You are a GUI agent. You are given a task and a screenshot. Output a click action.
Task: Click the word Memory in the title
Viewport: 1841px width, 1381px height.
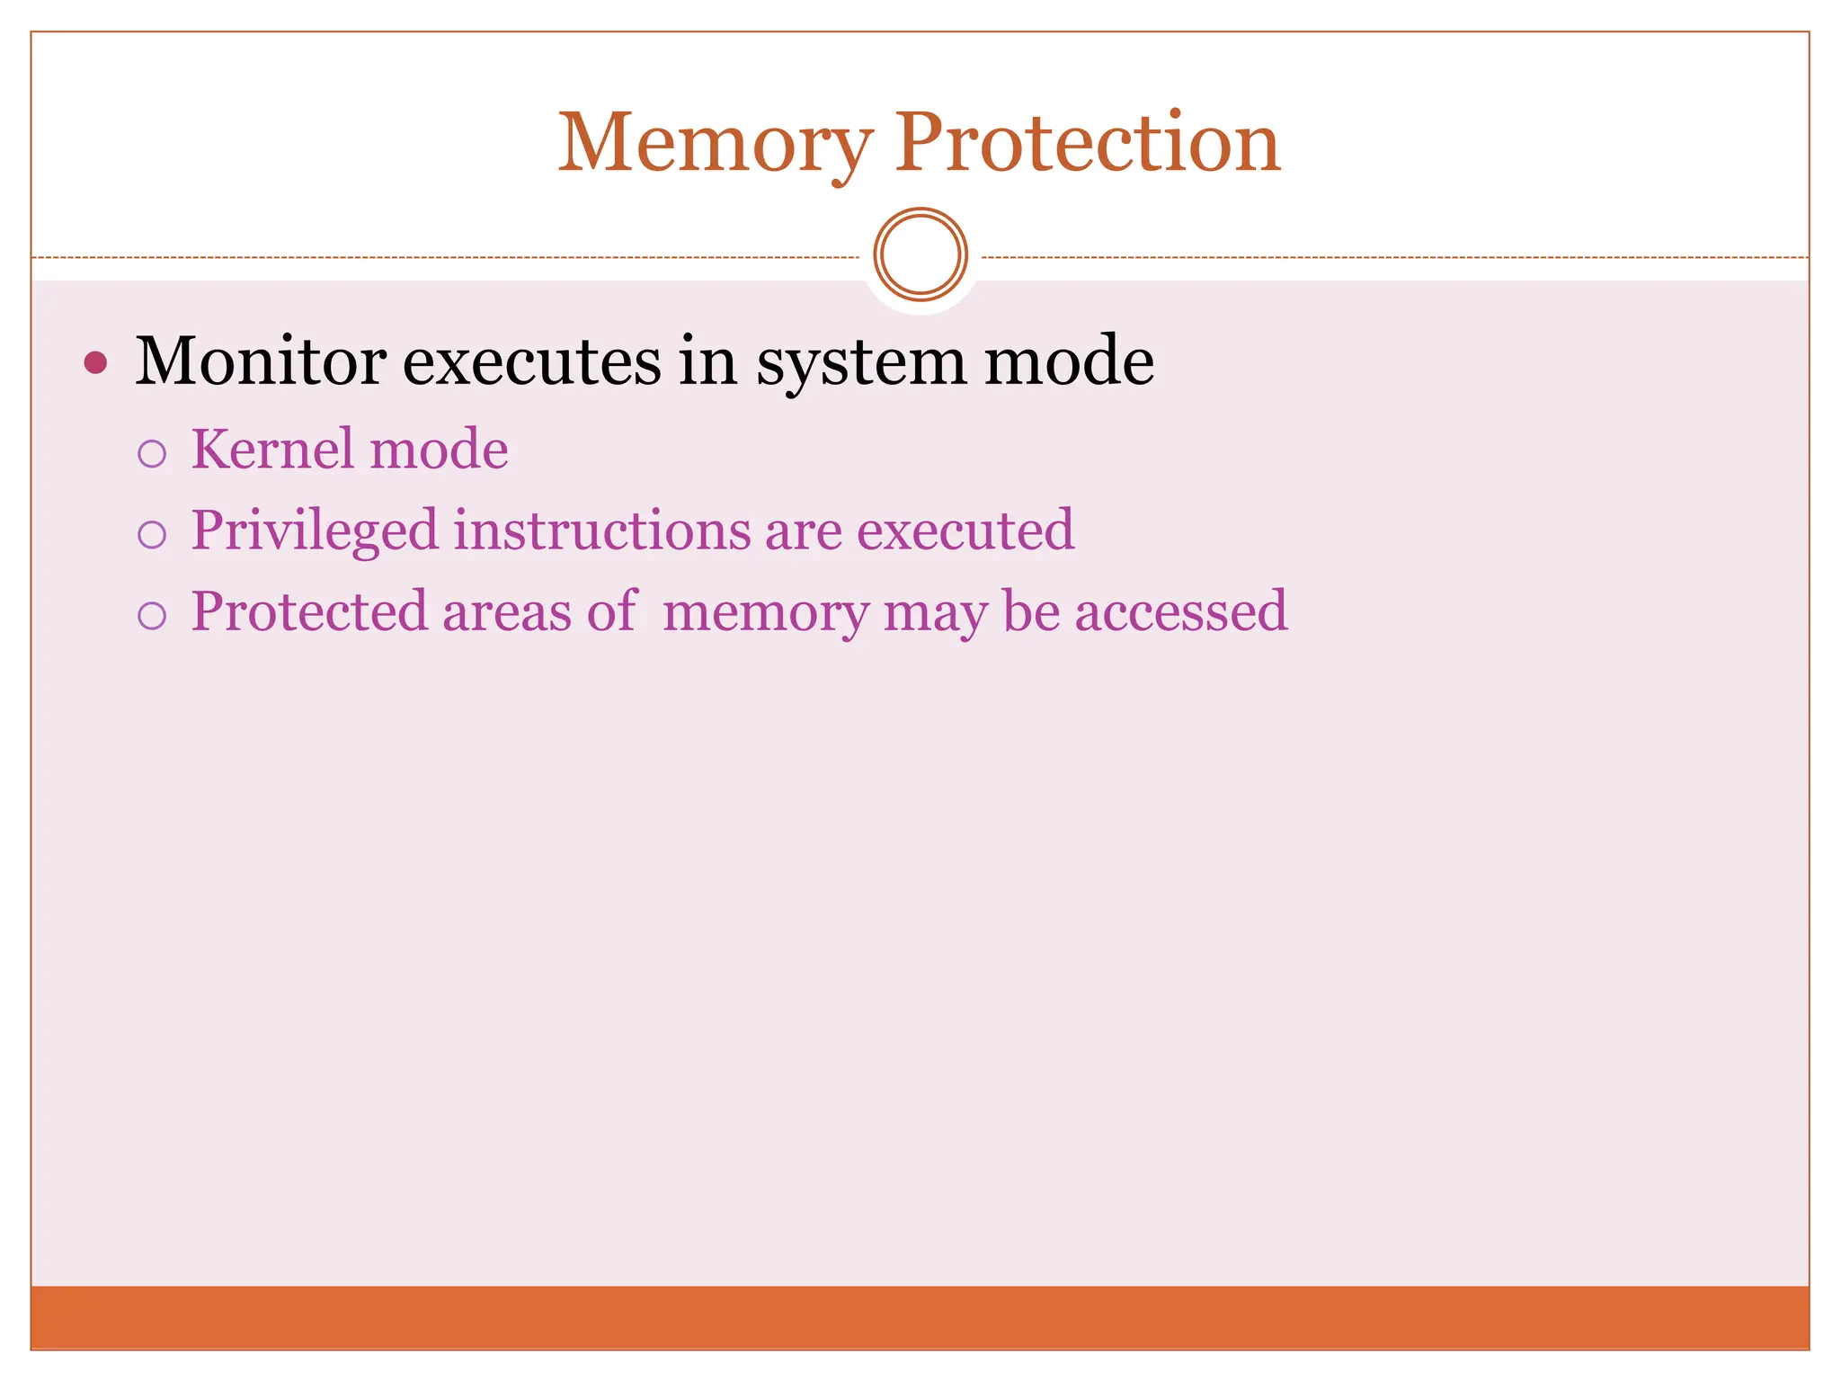pyautogui.click(x=715, y=144)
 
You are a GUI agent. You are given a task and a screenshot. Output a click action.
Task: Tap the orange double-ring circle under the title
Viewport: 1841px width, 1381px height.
pyautogui.click(x=920, y=254)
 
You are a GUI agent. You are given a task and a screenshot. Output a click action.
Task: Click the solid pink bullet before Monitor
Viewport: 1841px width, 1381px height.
pyautogui.click(x=95, y=363)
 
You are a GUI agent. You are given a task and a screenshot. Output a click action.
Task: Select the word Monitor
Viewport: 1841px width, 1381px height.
pyautogui.click(x=261, y=361)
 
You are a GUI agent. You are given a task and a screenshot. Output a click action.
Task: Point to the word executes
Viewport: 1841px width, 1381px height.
pyautogui.click(x=531, y=361)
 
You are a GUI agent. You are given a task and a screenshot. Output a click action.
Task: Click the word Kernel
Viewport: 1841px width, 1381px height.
pyautogui.click(x=272, y=449)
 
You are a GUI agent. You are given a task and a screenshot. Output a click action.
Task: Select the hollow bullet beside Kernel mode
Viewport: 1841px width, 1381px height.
pyautogui.click(x=152, y=454)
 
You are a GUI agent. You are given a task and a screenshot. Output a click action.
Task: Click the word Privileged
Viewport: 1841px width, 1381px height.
pyautogui.click(x=315, y=530)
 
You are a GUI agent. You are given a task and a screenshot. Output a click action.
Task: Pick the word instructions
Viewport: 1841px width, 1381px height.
pyautogui.click(x=601, y=530)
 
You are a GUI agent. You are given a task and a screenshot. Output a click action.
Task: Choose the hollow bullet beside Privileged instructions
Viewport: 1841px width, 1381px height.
pyautogui.click(x=152, y=535)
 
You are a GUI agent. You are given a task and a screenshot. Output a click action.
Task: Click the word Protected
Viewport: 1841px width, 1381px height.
pyautogui.click(x=309, y=611)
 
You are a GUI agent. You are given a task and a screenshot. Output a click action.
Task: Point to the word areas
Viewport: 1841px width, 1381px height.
pyautogui.click(x=506, y=612)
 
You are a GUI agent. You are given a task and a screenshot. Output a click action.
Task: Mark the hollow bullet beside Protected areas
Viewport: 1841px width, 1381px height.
pyautogui.click(x=152, y=616)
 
